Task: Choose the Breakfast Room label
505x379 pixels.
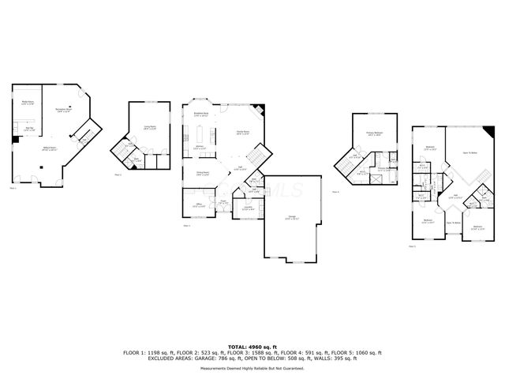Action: coord(201,114)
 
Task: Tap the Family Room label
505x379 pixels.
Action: coord(242,133)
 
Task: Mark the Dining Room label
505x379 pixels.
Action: coord(202,173)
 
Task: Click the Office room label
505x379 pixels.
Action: coord(200,205)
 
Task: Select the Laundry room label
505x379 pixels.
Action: coord(247,208)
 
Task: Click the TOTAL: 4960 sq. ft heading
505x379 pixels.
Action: coord(252,346)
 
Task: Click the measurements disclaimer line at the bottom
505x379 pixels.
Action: coord(252,368)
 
